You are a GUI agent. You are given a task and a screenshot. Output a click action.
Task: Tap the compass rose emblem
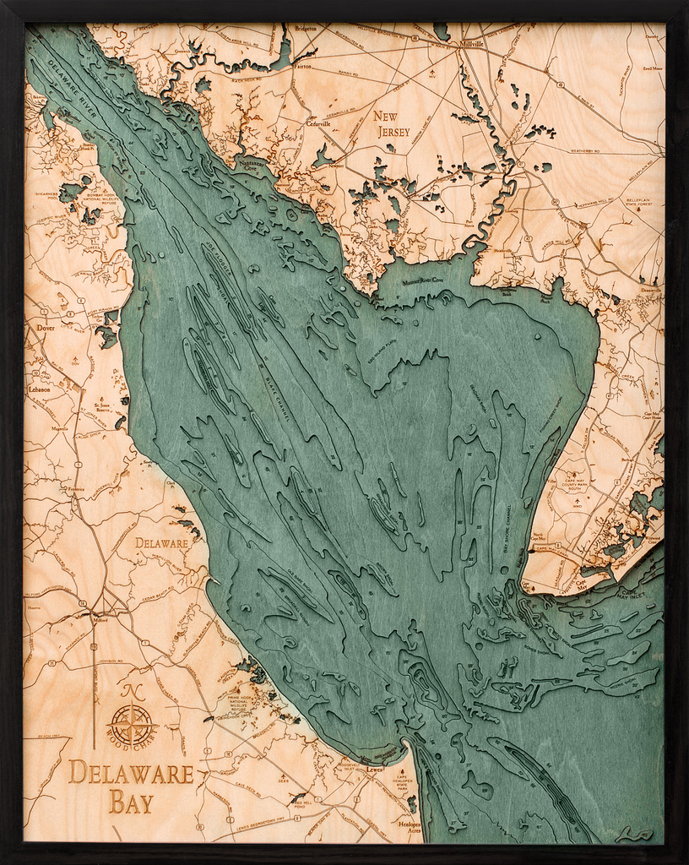tap(132, 724)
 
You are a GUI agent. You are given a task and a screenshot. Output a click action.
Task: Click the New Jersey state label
tap(392, 123)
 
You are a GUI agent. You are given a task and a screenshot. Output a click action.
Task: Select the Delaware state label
tap(161, 543)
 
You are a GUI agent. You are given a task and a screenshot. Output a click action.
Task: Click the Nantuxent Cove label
tap(251, 166)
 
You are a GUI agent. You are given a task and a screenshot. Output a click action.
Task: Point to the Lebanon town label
tap(39, 390)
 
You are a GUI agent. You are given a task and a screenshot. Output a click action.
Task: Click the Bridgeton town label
tap(306, 29)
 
